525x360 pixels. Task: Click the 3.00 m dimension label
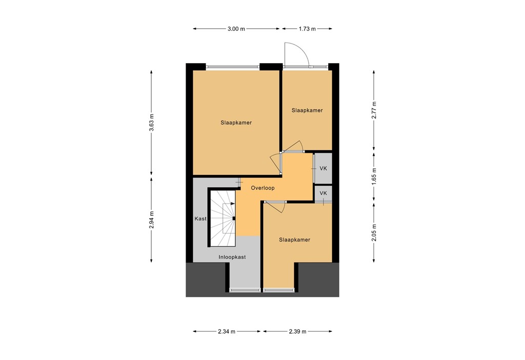click(x=236, y=29)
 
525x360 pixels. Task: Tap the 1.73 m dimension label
click(x=307, y=29)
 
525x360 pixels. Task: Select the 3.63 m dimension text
click(x=151, y=123)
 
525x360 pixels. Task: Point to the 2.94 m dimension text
click(x=151, y=220)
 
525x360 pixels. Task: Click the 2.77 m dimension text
click(x=374, y=111)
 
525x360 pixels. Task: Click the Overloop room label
click(x=262, y=188)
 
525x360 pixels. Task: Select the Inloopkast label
click(x=232, y=257)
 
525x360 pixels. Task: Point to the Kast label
click(x=200, y=219)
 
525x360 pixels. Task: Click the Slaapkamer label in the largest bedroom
click(x=236, y=123)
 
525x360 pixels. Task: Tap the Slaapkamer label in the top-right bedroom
click(x=307, y=110)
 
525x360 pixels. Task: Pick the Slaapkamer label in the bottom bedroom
click(x=294, y=239)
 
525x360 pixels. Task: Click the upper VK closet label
click(x=323, y=168)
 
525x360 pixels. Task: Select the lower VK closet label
click(x=323, y=193)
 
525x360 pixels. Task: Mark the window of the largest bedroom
click(x=233, y=67)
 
